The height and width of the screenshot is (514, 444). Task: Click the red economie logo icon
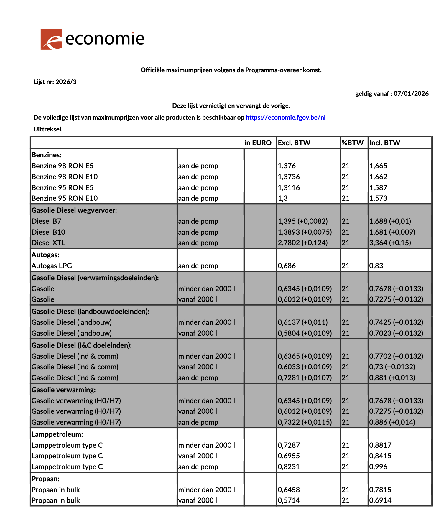(x=51, y=39)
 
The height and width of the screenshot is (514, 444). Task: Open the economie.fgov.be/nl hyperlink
(x=285, y=118)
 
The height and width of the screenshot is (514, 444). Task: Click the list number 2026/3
(x=66, y=82)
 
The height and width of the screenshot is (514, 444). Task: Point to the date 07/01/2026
(x=411, y=94)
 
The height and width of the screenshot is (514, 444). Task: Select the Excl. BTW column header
(x=294, y=143)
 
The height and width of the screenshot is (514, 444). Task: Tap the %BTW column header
(x=352, y=143)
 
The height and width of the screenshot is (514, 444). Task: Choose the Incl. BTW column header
(x=384, y=143)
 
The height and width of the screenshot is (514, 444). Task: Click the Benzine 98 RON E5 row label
(x=63, y=166)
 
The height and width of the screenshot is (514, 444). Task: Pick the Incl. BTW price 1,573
(x=378, y=198)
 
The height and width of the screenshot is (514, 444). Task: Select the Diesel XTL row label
(x=48, y=243)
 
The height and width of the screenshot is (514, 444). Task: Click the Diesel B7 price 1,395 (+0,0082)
(x=302, y=221)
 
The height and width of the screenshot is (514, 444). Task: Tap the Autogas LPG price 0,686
(x=287, y=266)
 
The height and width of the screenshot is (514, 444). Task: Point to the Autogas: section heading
(x=45, y=255)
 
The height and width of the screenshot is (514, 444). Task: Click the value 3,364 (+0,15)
(x=390, y=243)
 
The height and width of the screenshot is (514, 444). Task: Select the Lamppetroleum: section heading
(x=57, y=434)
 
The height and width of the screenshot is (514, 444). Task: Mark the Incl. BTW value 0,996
(x=378, y=467)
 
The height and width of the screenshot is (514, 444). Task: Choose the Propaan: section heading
(x=45, y=479)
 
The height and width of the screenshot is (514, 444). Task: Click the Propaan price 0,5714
(x=289, y=500)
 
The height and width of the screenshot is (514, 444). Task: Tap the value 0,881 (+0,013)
(x=392, y=378)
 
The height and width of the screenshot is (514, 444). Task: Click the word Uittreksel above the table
(x=48, y=129)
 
